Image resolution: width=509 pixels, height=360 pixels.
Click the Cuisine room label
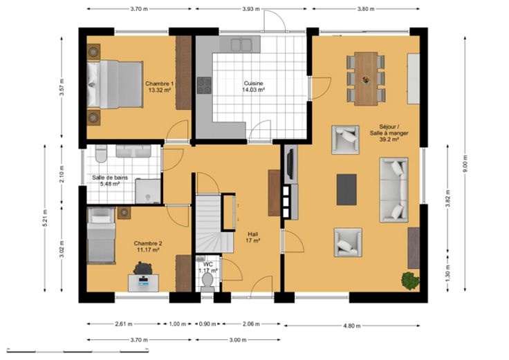254,84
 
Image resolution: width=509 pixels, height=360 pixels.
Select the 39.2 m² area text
389,140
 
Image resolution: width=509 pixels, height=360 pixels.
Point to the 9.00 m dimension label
465,164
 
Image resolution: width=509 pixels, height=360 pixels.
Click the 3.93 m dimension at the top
251,9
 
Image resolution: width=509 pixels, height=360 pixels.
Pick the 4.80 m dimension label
352,325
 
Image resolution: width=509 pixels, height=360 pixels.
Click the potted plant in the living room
410,281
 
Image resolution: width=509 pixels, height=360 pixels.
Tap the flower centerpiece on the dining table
366,79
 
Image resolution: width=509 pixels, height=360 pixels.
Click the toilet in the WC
207,281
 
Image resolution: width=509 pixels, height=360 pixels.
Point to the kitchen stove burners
204,85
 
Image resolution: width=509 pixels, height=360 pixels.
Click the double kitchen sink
241,45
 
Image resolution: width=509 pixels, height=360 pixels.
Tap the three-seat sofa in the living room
394,190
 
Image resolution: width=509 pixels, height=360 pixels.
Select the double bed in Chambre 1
115,85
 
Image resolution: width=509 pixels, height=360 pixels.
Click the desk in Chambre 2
143,283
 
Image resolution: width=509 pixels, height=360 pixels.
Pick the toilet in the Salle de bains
101,153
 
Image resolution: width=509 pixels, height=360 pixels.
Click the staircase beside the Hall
214,223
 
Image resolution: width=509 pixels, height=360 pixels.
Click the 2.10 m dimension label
62,174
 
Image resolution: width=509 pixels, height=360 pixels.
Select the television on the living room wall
290,164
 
